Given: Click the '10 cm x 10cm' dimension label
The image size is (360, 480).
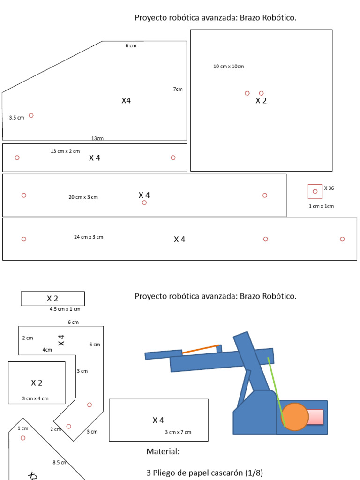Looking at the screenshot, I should [x=229, y=67].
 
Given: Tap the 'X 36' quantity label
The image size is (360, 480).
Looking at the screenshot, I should [x=329, y=188].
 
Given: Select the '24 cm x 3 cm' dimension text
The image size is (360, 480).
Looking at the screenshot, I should [x=89, y=237].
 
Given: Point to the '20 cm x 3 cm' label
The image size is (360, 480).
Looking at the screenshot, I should [x=83, y=197].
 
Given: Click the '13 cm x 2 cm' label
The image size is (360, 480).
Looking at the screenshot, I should [x=65, y=151].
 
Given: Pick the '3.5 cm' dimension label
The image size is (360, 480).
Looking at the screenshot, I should [x=16, y=118].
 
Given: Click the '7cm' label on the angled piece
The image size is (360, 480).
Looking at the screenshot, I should [x=178, y=89].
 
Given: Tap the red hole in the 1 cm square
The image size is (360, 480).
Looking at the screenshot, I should [x=315, y=191].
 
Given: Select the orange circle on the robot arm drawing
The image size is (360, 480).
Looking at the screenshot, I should [x=295, y=416].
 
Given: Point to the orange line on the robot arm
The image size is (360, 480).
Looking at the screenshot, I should [x=201, y=349].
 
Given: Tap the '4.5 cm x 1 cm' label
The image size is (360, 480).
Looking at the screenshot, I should [x=65, y=309].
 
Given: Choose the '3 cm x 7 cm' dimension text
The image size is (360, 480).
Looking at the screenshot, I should [x=178, y=432].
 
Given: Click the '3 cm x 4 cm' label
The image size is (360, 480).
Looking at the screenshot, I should [x=35, y=398].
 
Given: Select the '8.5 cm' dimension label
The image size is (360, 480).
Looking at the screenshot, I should [x=60, y=463].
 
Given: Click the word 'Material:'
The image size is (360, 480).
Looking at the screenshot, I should [x=163, y=452].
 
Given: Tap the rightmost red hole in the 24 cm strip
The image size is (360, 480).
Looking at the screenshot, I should [x=342, y=239].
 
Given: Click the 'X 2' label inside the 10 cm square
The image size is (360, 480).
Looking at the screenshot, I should [x=261, y=100].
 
